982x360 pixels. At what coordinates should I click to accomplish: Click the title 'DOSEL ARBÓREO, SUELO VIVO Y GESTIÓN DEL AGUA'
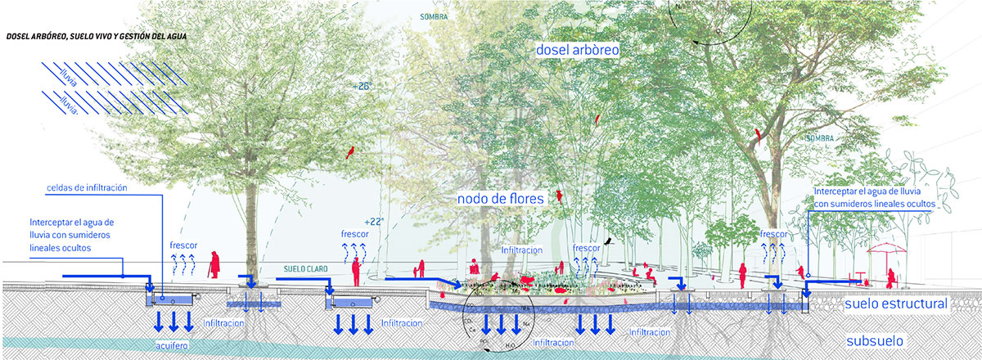coord(96,37)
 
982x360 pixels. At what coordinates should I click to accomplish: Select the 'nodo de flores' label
coord(502,198)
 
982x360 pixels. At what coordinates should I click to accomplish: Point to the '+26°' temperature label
coord(363,86)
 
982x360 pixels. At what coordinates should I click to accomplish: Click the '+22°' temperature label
coord(372,221)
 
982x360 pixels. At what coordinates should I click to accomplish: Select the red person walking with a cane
coord(214,263)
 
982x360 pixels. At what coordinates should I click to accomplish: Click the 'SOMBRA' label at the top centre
coord(430,16)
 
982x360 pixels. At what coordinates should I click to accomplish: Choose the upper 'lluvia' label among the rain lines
coord(68,75)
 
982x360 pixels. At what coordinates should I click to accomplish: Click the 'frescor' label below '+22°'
coord(354,233)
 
